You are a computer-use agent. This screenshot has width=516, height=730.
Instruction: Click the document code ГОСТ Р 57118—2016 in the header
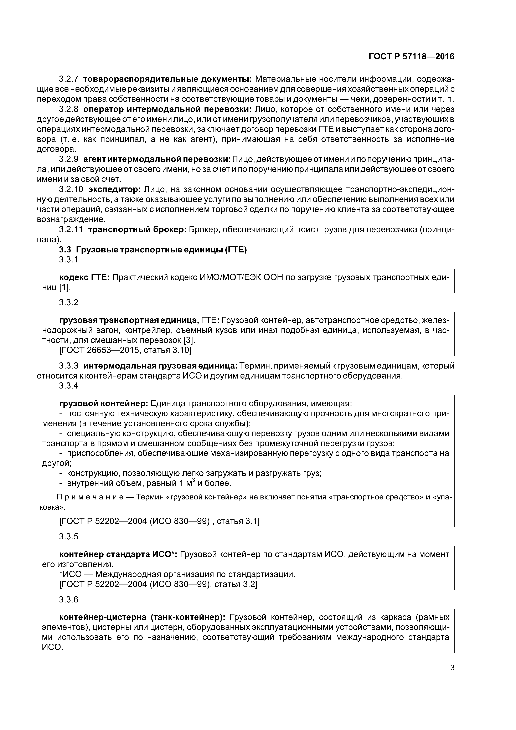[411, 57]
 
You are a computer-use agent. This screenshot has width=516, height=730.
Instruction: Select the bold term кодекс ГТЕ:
[84, 278]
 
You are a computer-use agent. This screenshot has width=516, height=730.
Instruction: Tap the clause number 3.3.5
[68, 537]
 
